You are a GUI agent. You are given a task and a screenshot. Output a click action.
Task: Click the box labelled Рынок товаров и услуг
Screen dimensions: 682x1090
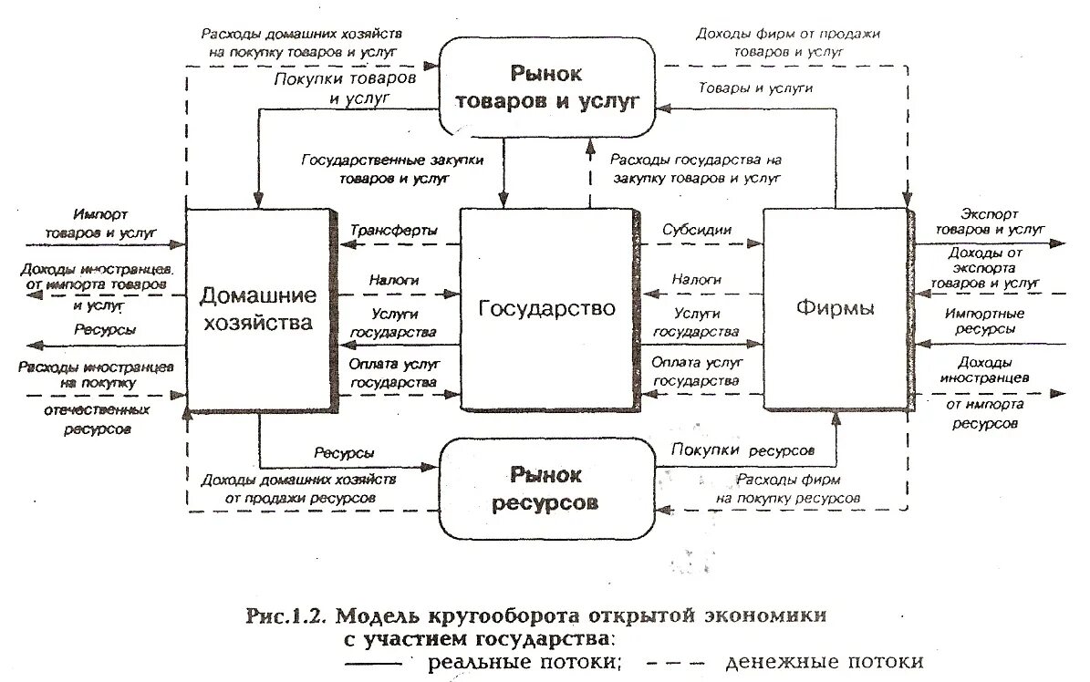[545, 86]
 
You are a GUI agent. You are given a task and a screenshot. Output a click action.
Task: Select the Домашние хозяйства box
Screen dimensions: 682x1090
[258, 308]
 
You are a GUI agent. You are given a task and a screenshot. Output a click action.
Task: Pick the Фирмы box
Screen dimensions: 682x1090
[835, 308]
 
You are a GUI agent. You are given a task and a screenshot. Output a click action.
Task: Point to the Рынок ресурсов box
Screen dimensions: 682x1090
[545, 488]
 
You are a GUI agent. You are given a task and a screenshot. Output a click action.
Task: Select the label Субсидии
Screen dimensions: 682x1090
[697, 230]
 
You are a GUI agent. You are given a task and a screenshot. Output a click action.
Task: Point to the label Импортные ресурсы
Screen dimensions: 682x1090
[990, 320]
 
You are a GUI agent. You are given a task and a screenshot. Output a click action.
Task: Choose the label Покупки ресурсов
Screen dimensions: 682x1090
[742, 449]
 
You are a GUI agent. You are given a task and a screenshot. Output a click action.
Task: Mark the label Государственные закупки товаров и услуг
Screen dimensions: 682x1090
[393, 169]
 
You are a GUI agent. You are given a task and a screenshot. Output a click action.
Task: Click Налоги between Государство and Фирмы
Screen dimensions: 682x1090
[697, 279]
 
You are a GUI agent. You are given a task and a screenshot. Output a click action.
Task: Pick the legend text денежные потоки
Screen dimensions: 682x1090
[825, 662]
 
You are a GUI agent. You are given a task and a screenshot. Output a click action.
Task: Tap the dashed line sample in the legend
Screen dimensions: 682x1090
[672, 663]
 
